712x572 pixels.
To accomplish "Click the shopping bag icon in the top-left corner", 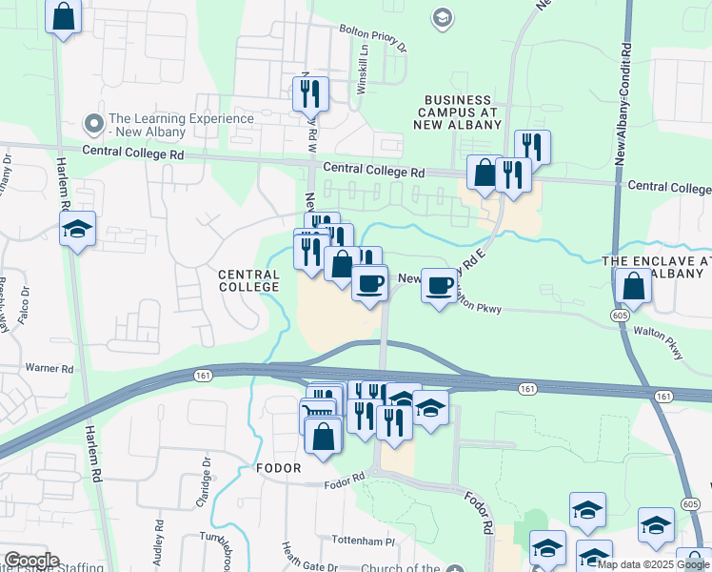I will (63, 16).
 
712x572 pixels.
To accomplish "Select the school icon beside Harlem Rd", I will (77, 229).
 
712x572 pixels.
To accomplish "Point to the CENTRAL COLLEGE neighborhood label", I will (249, 280).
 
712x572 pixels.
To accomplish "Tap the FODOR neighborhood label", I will (278, 468).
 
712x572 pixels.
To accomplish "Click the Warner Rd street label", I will (49, 368).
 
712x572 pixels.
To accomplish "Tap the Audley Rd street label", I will (158, 544).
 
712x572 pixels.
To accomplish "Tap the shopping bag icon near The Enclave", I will (633, 285).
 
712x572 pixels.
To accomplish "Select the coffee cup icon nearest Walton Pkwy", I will (439, 285).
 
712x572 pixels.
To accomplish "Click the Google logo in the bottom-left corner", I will (30, 561).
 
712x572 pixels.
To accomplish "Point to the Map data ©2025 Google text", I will (653, 564).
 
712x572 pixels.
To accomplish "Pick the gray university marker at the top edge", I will (442, 17).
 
